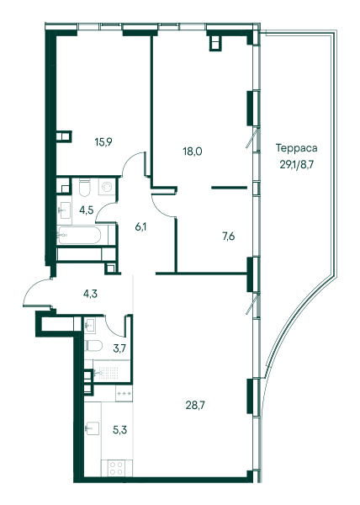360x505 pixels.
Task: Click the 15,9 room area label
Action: pyautogui.click(x=103, y=141)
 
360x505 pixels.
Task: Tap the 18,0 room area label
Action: pyautogui.click(x=193, y=151)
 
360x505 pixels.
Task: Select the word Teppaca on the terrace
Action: pyautogui.click(x=297, y=148)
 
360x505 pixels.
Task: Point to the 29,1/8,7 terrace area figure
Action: pyautogui.click(x=296, y=165)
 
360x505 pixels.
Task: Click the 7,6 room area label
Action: pyautogui.click(x=228, y=237)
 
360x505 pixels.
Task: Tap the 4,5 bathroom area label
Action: pyautogui.click(x=87, y=210)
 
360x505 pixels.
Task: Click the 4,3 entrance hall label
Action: pyautogui.click(x=90, y=294)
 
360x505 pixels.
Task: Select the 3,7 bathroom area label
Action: pyautogui.click(x=119, y=348)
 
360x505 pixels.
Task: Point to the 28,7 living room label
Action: pyautogui.click(x=195, y=406)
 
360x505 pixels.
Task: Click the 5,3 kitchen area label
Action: pyautogui.click(x=119, y=430)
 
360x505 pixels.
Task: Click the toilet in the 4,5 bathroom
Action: pyautogui.click(x=85, y=188)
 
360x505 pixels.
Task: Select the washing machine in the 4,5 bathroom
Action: pyautogui.click(x=107, y=187)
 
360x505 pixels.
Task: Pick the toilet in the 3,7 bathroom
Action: pyautogui.click(x=93, y=346)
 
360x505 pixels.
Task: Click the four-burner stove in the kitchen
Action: pyautogui.click(x=116, y=468)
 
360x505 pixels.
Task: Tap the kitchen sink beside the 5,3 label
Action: pyautogui.click(x=93, y=428)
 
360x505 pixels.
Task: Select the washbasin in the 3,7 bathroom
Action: pyautogui.click(x=90, y=326)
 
